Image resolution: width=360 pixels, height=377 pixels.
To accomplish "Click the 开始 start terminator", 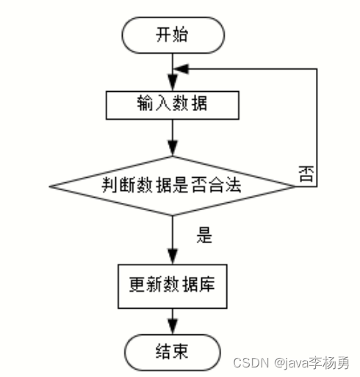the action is coord(173,35).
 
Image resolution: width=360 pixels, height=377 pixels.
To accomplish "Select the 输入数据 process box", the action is coord(173,105).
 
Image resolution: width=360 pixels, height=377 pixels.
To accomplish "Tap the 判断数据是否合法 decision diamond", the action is coord(173,186).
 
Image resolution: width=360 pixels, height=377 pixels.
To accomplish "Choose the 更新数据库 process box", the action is coord(173,286).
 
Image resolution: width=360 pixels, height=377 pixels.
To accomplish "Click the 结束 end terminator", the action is coord(173,353).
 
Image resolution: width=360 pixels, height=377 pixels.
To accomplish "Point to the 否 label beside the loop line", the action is coord(306,173).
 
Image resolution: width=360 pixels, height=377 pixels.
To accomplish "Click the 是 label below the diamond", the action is coord(204,235).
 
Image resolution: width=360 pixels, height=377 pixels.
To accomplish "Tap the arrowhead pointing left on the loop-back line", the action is coord(181,69).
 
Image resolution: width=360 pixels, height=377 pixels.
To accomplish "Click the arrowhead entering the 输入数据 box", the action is coord(173,82).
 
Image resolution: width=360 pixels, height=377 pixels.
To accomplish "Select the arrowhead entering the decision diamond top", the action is coord(173,148).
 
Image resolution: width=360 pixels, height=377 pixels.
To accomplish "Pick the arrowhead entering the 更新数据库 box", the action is coord(173,256).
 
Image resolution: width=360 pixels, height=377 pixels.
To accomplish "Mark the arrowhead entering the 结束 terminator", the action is coord(173,326).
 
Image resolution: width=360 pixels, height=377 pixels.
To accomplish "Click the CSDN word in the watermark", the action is coord(251,363).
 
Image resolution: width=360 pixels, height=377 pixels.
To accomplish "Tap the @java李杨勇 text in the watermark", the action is coord(312,363).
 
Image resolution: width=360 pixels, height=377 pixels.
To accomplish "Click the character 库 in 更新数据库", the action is coord(207,284).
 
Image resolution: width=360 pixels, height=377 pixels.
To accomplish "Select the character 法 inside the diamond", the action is coord(234,184).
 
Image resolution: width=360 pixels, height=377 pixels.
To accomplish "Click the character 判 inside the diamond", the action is coord(109,184).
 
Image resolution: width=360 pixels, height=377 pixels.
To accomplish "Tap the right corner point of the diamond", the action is coord(295,186).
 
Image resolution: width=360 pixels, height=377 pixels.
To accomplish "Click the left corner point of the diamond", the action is coord(49,186).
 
